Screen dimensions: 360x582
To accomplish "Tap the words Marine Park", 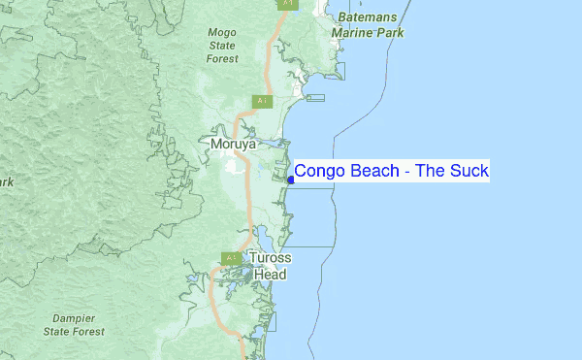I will click(369, 32).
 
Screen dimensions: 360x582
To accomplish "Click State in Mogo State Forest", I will click(222, 46).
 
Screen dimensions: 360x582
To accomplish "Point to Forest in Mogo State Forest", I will click(222, 59).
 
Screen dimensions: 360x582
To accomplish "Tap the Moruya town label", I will click(233, 144).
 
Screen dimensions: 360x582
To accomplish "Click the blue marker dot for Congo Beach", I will click(290, 179).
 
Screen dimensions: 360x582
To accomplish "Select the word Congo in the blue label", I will click(318, 172).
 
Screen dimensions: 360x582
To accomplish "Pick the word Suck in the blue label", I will click(470, 172).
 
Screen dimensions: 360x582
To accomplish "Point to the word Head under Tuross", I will click(271, 275).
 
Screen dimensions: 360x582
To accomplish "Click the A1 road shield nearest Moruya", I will click(262, 101).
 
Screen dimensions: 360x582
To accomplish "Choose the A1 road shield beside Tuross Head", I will click(231, 258).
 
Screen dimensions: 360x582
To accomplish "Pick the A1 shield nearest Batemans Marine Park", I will click(288, 4).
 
